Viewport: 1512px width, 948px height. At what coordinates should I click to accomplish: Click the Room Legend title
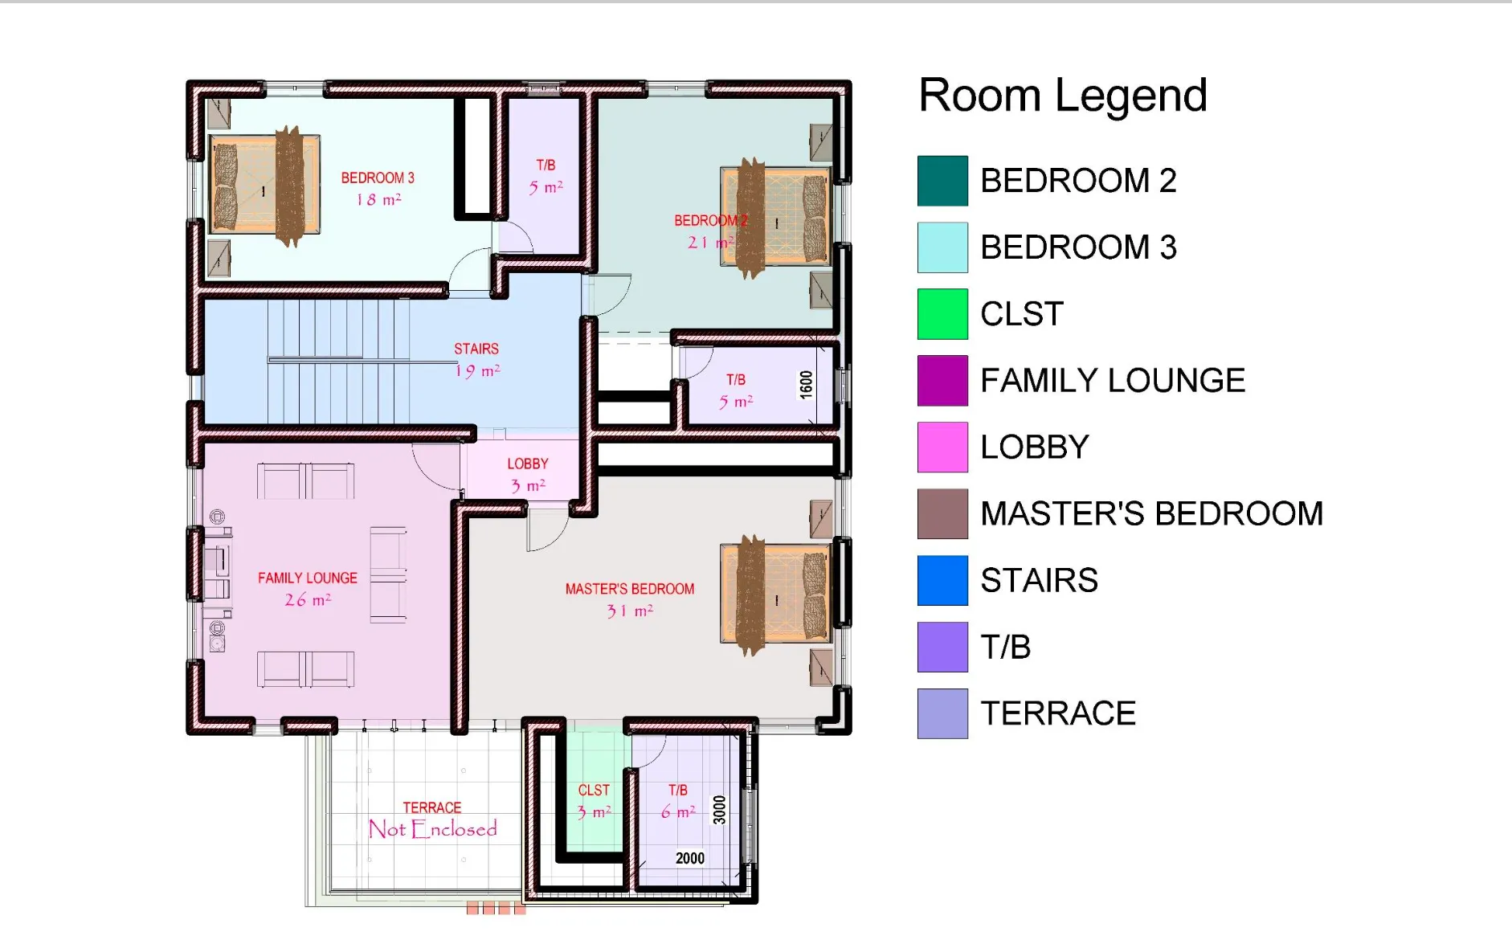point(1062,96)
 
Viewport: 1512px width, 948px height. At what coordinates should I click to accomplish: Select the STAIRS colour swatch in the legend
point(942,580)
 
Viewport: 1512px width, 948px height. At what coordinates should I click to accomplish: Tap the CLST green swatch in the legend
point(942,314)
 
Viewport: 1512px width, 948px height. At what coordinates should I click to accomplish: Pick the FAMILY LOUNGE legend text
point(1113,381)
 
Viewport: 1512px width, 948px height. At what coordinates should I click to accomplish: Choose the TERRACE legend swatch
point(942,713)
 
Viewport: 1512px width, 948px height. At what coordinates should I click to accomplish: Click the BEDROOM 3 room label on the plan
point(378,178)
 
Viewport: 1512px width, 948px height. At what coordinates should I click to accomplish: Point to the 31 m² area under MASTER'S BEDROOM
point(630,611)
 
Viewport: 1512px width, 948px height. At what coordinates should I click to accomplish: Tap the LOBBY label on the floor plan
point(528,464)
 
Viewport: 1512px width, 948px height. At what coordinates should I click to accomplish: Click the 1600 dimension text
point(806,385)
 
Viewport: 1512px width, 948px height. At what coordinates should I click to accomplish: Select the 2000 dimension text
point(690,858)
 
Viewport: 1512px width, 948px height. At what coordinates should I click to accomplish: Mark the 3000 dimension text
point(719,810)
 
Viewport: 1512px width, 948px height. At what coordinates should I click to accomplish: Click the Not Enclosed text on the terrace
point(433,829)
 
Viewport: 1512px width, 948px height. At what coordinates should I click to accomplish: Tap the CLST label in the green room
point(594,791)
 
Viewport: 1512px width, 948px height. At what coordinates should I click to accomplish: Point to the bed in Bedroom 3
point(265,186)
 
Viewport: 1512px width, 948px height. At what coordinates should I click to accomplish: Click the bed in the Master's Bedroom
point(775,595)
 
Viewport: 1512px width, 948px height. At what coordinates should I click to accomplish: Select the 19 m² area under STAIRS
point(477,371)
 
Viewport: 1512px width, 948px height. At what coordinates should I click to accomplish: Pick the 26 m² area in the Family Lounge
point(308,600)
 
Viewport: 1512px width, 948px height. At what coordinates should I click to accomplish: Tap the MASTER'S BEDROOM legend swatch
point(942,514)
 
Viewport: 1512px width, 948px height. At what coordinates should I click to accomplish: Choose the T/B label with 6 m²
point(678,791)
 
